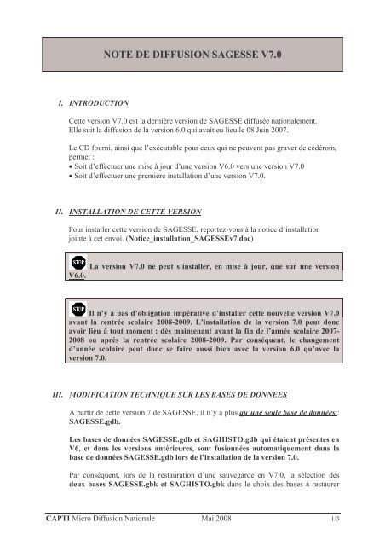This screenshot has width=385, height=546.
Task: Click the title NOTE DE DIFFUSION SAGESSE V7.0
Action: point(192,53)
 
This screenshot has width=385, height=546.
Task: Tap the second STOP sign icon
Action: point(78,306)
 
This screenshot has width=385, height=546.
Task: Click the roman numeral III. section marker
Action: point(56,370)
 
